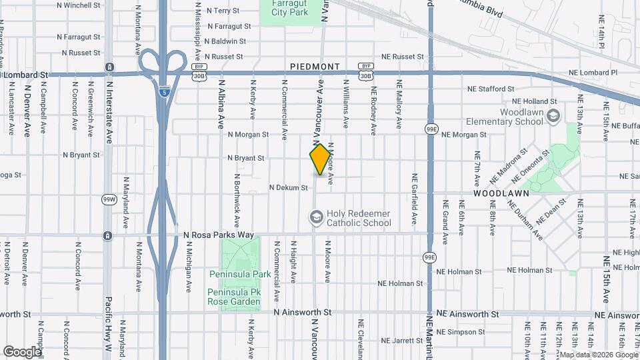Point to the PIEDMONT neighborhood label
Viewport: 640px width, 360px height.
tap(315, 67)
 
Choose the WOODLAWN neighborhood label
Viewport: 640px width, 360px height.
tap(501, 193)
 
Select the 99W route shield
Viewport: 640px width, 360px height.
tap(109, 199)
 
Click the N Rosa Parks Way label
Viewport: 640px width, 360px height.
tap(219, 235)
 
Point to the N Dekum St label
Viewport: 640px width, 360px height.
tap(288, 188)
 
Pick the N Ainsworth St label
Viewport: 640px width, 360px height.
tap(303, 312)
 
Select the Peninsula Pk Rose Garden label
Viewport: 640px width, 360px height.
tap(233, 297)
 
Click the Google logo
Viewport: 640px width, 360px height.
tap(21, 351)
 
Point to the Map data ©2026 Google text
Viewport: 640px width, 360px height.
tap(598, 355)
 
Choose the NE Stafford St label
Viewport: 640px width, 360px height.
tap(491, 89)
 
